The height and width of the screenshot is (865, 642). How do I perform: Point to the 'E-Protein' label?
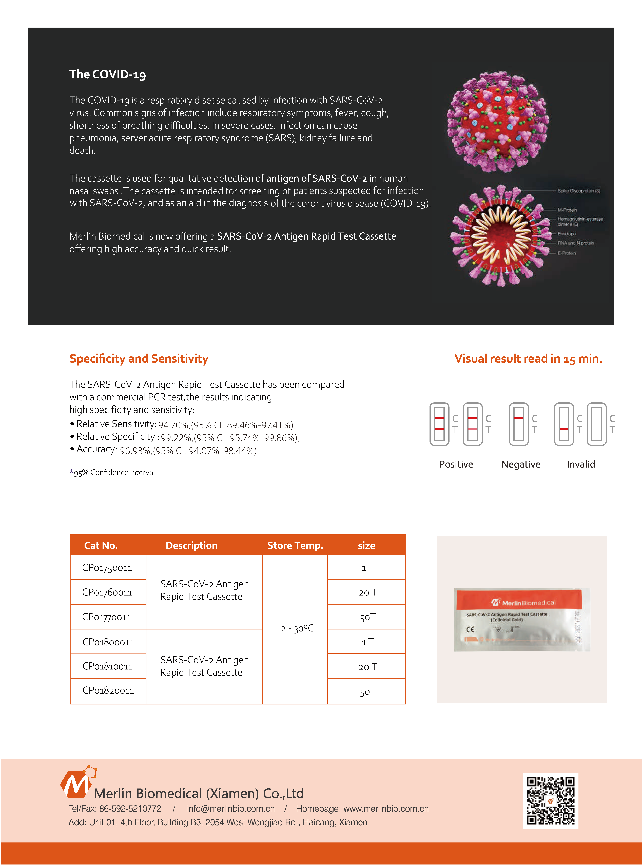click(567, 253)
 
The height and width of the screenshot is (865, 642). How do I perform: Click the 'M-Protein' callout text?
click(567, 210)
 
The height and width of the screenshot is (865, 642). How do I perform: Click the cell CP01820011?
click(108, 690)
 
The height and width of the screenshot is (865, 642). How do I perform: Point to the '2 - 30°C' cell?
click(297, 628)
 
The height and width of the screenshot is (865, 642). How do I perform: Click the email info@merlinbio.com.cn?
click(231, 809)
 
